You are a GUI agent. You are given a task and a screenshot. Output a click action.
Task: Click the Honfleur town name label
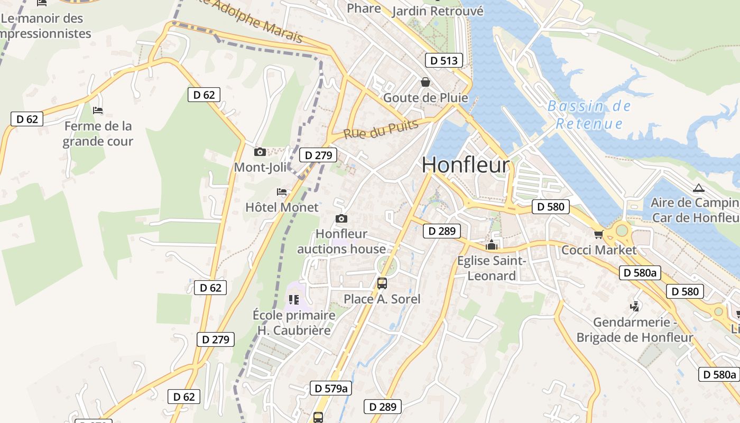[466, 165]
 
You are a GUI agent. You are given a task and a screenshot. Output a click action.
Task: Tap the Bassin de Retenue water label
[589, 115]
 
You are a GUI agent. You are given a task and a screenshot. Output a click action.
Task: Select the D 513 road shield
[444, 60]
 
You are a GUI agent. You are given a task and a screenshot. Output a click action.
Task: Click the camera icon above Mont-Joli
[260, 152]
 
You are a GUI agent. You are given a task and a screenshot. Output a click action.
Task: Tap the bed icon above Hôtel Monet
[282, 191]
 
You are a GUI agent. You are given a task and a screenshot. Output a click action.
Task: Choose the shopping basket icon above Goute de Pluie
[425, 82]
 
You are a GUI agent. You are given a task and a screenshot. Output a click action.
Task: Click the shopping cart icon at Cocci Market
[598, 234]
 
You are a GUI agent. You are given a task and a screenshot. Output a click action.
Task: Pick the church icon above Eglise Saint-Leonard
[492, 245]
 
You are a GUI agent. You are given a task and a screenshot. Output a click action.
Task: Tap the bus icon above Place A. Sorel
[382, 283]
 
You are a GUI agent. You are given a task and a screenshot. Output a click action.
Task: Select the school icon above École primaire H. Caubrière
[294, 300]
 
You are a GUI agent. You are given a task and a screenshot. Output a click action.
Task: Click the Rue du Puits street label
[381, 129]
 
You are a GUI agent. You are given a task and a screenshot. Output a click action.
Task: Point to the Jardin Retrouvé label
[438, 11]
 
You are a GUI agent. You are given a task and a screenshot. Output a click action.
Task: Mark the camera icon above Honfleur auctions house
[341, 218]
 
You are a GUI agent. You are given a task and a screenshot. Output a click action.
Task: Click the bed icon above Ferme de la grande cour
[98, 111]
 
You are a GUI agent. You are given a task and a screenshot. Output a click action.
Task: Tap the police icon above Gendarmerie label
[634, 306]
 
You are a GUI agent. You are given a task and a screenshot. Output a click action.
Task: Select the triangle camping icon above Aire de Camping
[699, 188]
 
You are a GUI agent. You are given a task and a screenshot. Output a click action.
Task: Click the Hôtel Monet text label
[282, 207]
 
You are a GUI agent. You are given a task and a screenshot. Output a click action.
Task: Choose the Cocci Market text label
[599, 250]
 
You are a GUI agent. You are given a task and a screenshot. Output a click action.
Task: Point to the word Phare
[364, 8]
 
